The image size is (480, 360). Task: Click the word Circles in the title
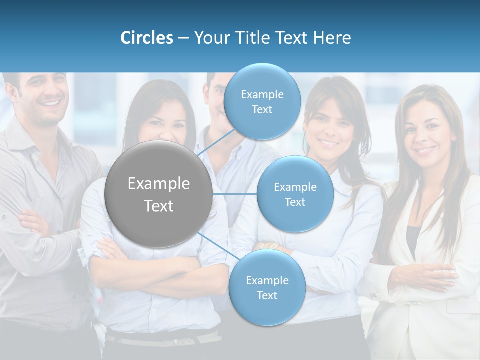tap(147, 38)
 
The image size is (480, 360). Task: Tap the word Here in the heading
tap(332, 38)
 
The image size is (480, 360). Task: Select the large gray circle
tap(158, 194)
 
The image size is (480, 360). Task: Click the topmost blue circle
tap(262, 101)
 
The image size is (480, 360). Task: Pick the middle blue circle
tap(295, 194)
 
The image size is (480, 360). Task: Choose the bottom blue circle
tap(267, 288)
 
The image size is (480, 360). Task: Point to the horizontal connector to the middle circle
tap(235, 194)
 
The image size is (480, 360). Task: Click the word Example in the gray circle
tap(158, 184)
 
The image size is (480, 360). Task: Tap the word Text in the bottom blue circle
tap(267, 295)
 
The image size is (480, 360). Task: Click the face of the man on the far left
tap(42, 97)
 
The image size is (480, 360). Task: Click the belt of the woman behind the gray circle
tap(165, 341)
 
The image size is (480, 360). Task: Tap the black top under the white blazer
tap(412, 240)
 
